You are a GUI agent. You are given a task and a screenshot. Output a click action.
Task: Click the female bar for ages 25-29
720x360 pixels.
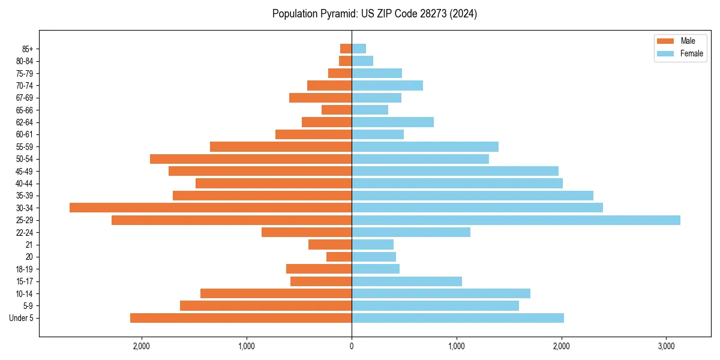(x=516, y=220)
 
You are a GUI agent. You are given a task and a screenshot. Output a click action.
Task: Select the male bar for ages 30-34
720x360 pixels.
(x=211, y=208)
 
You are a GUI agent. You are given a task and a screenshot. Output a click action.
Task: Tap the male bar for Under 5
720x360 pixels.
(x=241, y=318)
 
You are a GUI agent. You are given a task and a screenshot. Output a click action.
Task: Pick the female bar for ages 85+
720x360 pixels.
(x=359, y=49)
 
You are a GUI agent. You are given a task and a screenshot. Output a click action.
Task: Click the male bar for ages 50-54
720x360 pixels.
(x=251, y=159)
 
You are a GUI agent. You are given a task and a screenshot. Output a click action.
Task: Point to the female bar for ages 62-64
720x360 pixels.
(x=392, y=122)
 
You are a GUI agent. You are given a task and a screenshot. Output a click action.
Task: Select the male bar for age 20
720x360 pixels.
(x=339, y=257)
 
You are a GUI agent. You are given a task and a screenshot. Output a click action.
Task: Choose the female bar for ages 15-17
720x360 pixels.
(x=407, y=281)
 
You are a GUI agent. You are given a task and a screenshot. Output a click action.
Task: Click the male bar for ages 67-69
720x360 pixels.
(x=320, y=98)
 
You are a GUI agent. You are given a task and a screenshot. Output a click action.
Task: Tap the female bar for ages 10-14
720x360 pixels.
(x=441, y=293)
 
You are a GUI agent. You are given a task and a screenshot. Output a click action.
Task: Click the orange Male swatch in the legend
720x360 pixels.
(x=665, y=41)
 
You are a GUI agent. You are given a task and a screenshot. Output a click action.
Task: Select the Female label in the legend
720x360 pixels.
(x=691, y=53)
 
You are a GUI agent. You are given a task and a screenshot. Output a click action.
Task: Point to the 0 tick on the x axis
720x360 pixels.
(x=352, y=346)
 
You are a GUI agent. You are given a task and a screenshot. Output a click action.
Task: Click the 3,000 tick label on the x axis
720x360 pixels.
(x=667, y=346)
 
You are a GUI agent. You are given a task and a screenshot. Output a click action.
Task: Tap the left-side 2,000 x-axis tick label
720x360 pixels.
(x=142, y=346)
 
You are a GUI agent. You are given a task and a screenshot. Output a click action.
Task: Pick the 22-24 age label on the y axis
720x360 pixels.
(x=24, y=233)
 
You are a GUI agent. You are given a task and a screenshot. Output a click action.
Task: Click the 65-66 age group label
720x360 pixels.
(x=24, y=110)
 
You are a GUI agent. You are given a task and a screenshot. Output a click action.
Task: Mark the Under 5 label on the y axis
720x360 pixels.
(x=21, y=318)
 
